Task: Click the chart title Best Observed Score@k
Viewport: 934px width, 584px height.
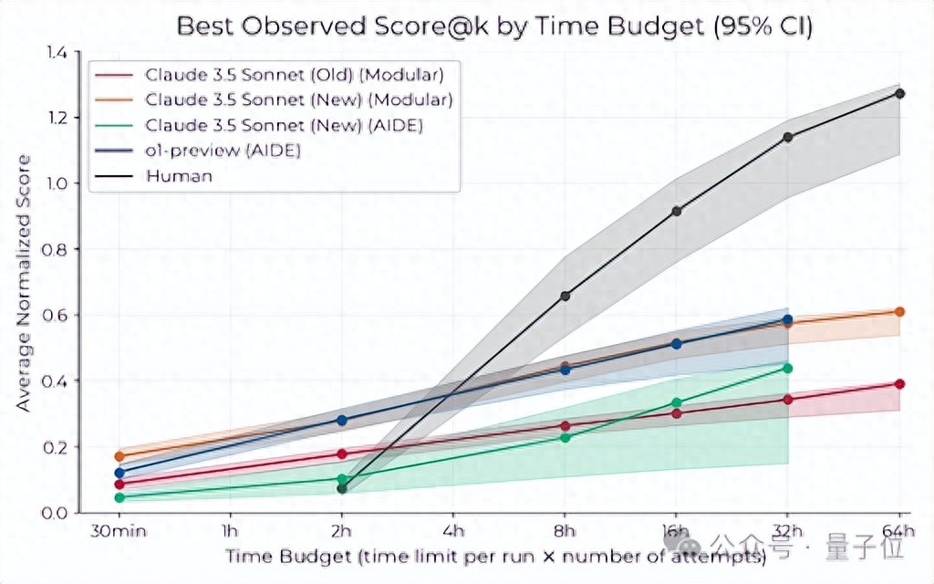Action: [493, 25]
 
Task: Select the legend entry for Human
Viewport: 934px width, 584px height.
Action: [179, 176]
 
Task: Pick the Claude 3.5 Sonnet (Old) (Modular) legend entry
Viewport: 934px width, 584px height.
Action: [295, 74]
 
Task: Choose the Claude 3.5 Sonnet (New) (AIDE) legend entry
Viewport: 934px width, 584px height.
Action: [284, 125]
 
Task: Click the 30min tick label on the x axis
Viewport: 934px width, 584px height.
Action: [119, 531]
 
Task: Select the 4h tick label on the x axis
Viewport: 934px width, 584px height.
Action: [453, 531]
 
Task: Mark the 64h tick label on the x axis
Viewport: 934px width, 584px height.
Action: [900, 531]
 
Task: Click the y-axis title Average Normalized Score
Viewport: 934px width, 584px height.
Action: [25, 283]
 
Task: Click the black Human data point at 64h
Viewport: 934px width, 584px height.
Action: [899, 93]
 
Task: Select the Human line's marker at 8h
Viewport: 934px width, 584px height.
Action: [566, 296]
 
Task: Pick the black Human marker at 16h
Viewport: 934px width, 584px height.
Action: [677, 211]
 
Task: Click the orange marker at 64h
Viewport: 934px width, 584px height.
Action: [899, 311]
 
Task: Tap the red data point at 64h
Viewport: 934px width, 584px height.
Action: [899, 383]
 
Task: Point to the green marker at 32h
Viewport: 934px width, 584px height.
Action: [788, 368]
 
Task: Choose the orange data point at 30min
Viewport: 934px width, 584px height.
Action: [119, 455]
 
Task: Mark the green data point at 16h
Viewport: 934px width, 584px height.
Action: [677, 402]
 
